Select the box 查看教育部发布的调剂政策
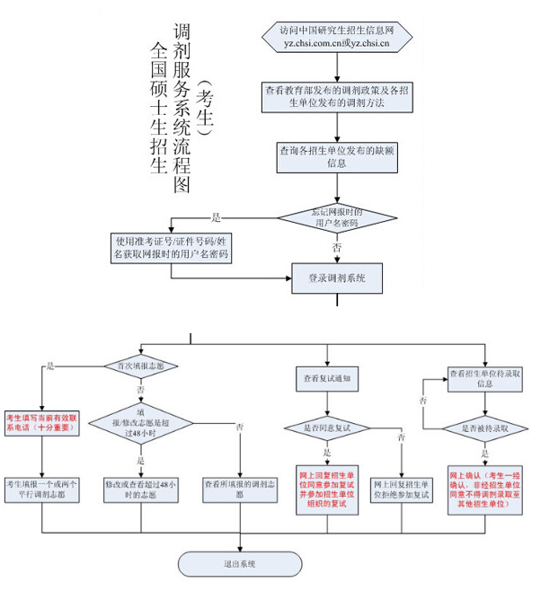point(337,96)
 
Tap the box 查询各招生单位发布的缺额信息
point(337,156)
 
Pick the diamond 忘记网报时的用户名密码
point(337,217)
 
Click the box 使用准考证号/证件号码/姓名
point(171,248)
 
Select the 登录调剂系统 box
point(337,278)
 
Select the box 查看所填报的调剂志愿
point(239,489)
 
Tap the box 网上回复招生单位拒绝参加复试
point(402,489)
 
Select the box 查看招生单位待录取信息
point(484,377)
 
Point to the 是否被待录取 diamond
point(484,428)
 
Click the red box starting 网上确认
point(484,489)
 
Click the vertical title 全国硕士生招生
point(159,108)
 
